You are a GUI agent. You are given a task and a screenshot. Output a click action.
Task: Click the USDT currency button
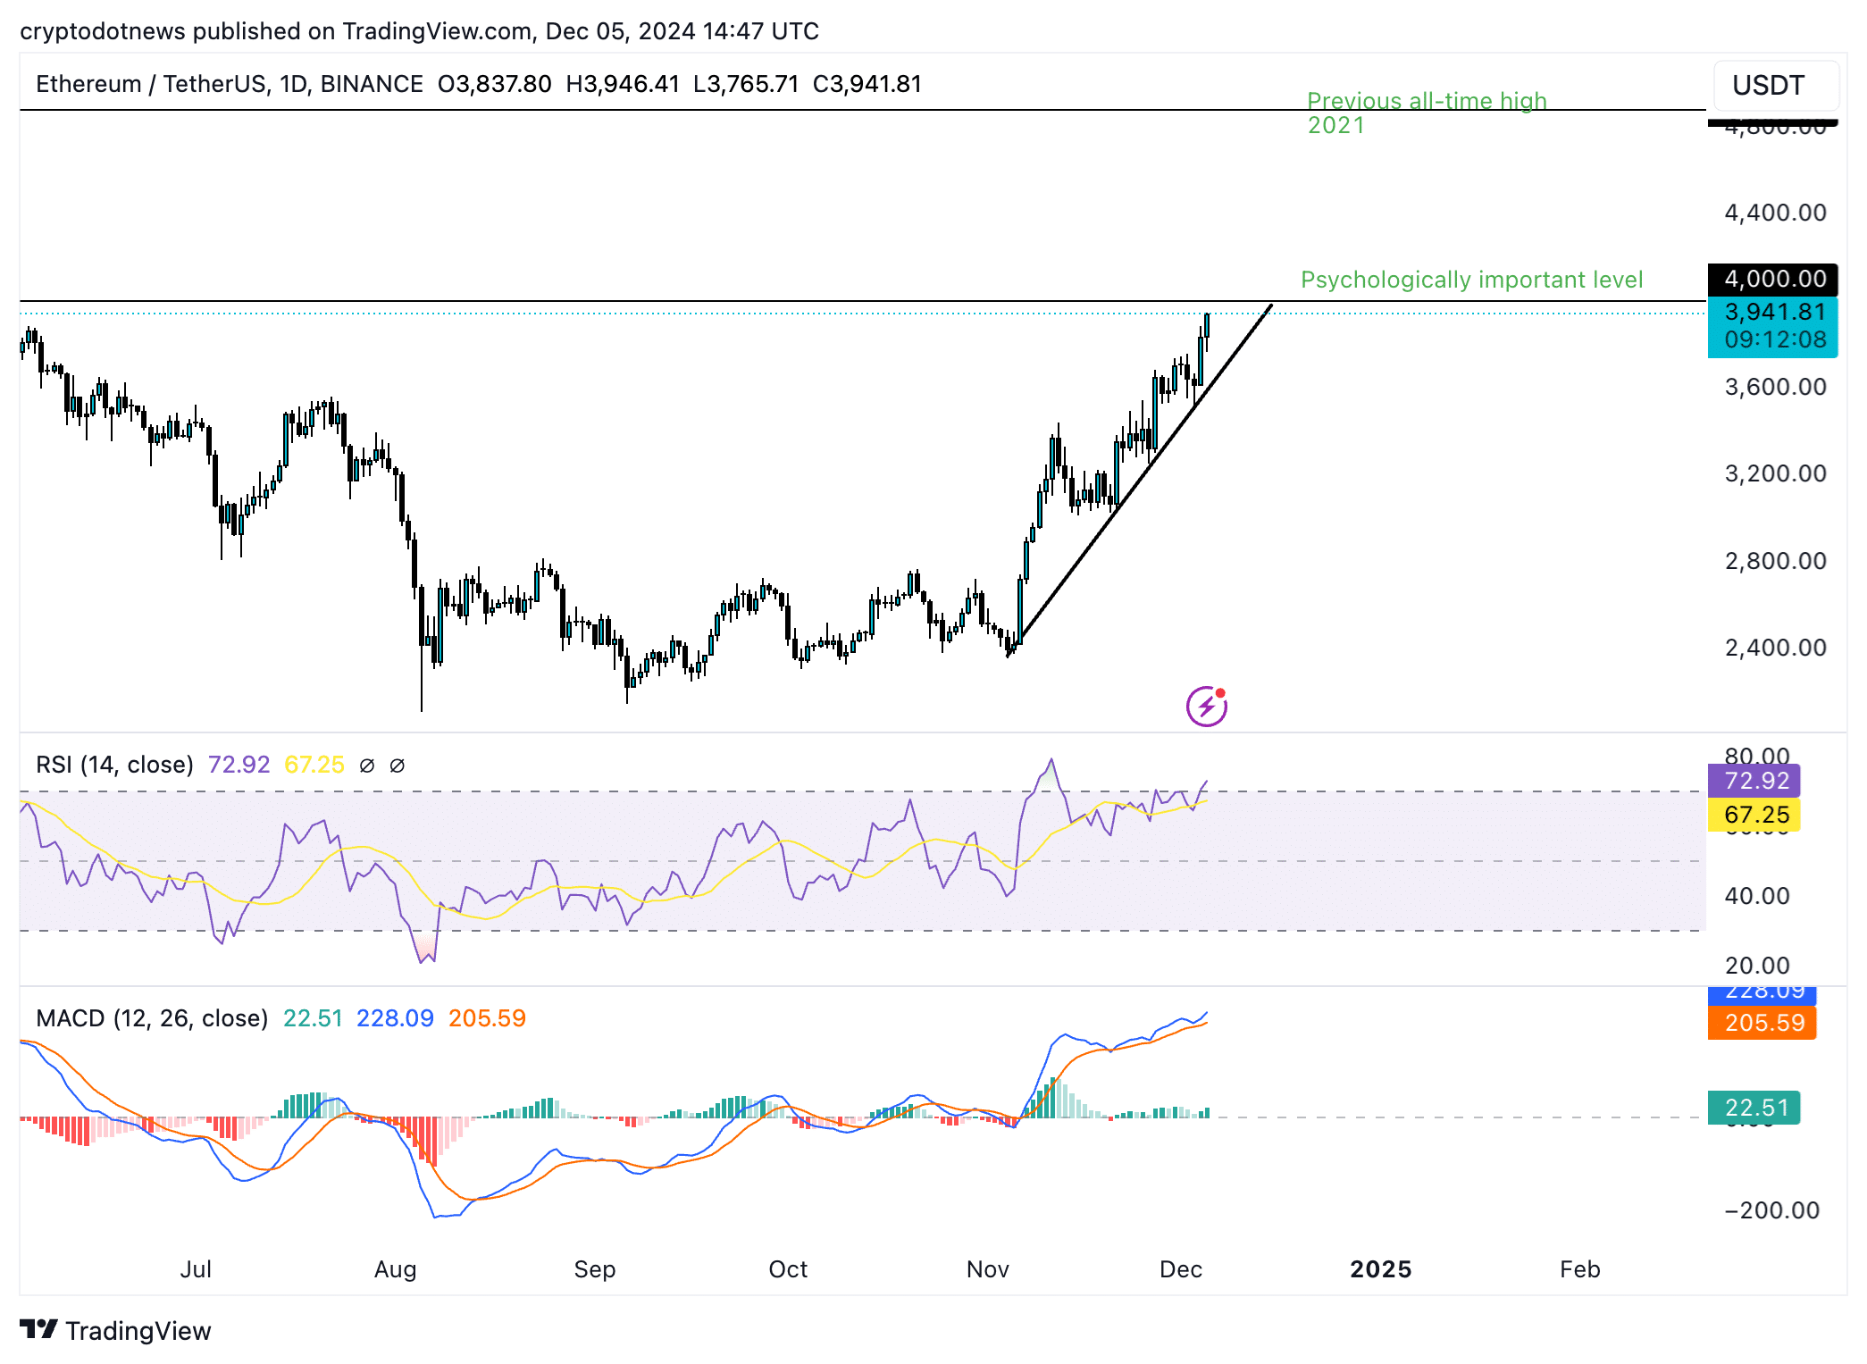pos(1773,86)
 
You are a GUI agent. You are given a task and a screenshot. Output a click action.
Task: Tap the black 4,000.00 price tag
pos(1772,280)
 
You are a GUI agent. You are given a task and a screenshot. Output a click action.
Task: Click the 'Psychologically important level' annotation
pos(1470,280)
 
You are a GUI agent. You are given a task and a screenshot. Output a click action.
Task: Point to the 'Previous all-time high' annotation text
pos(1426,102)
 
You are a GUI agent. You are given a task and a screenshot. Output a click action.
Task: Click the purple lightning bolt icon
pos(1206,707)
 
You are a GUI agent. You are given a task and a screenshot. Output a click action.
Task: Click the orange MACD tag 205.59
pos(1762,1023)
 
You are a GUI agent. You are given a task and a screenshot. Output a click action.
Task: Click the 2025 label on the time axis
pos(1380,1269)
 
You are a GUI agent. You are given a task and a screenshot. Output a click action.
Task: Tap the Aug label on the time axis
pos(395,1269)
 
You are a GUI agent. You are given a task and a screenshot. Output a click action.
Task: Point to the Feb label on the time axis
pos(1579,1269)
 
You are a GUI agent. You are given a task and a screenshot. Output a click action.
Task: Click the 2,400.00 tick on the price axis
pos(1774,648)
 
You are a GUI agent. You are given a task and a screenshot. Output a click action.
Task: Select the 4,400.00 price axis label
pos(1774,213)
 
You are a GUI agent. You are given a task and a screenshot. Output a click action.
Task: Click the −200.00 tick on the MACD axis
pos(1771,1210)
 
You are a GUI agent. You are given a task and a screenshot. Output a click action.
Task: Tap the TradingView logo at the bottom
pos(116,1331)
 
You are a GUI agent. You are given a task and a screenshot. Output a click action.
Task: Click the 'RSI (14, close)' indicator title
pos(114,765)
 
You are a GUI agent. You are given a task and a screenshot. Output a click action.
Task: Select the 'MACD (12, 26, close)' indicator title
pos(152,1018)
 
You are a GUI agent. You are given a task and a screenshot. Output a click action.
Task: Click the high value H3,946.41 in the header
pos(622,84)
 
